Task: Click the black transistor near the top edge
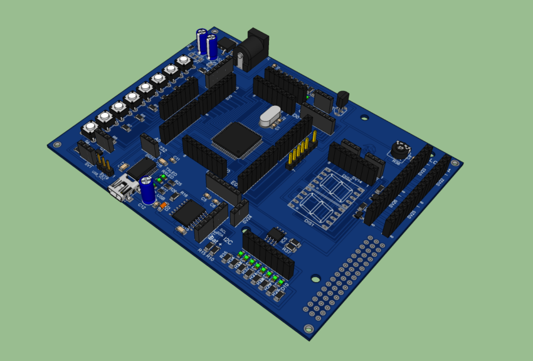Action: pos(343,99)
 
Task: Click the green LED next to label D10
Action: pos(280,280)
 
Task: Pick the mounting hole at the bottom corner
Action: pos(307,329)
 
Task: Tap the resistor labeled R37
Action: pos(289,248)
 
